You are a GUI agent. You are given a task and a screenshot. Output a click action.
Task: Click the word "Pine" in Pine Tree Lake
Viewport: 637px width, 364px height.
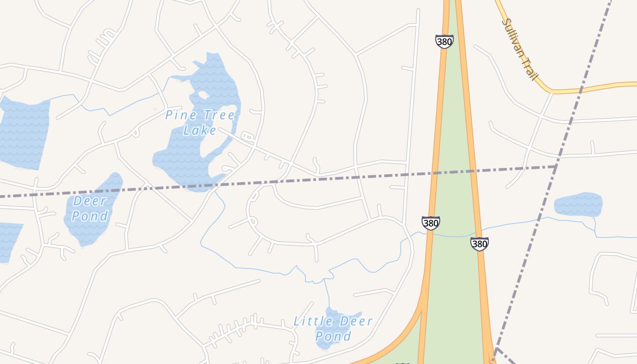[x=177, y=115]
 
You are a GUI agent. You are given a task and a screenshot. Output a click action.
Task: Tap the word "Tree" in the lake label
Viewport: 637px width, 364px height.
[x=217, y=115]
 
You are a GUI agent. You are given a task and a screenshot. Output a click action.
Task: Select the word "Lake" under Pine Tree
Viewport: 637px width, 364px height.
[x=200, y=131]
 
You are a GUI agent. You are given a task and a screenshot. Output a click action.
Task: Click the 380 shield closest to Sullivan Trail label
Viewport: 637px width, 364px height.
[x=444, y=42]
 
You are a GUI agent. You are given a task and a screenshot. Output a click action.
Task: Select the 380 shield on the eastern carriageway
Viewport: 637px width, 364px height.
[x=480, y=244]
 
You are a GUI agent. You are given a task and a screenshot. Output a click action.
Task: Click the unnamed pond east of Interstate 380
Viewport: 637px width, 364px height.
[x=578, y=204]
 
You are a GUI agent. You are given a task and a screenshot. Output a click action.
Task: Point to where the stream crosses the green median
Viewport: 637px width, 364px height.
[x=453, y=236]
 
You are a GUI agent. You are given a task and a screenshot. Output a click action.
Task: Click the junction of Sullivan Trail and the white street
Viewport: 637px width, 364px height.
[x=552, y=92]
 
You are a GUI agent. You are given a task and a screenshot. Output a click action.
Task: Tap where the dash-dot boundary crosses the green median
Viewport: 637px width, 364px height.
[x=454, y=172]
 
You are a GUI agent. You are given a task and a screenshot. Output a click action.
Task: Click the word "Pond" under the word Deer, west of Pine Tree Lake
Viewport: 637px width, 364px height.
[x=90, y=216]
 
